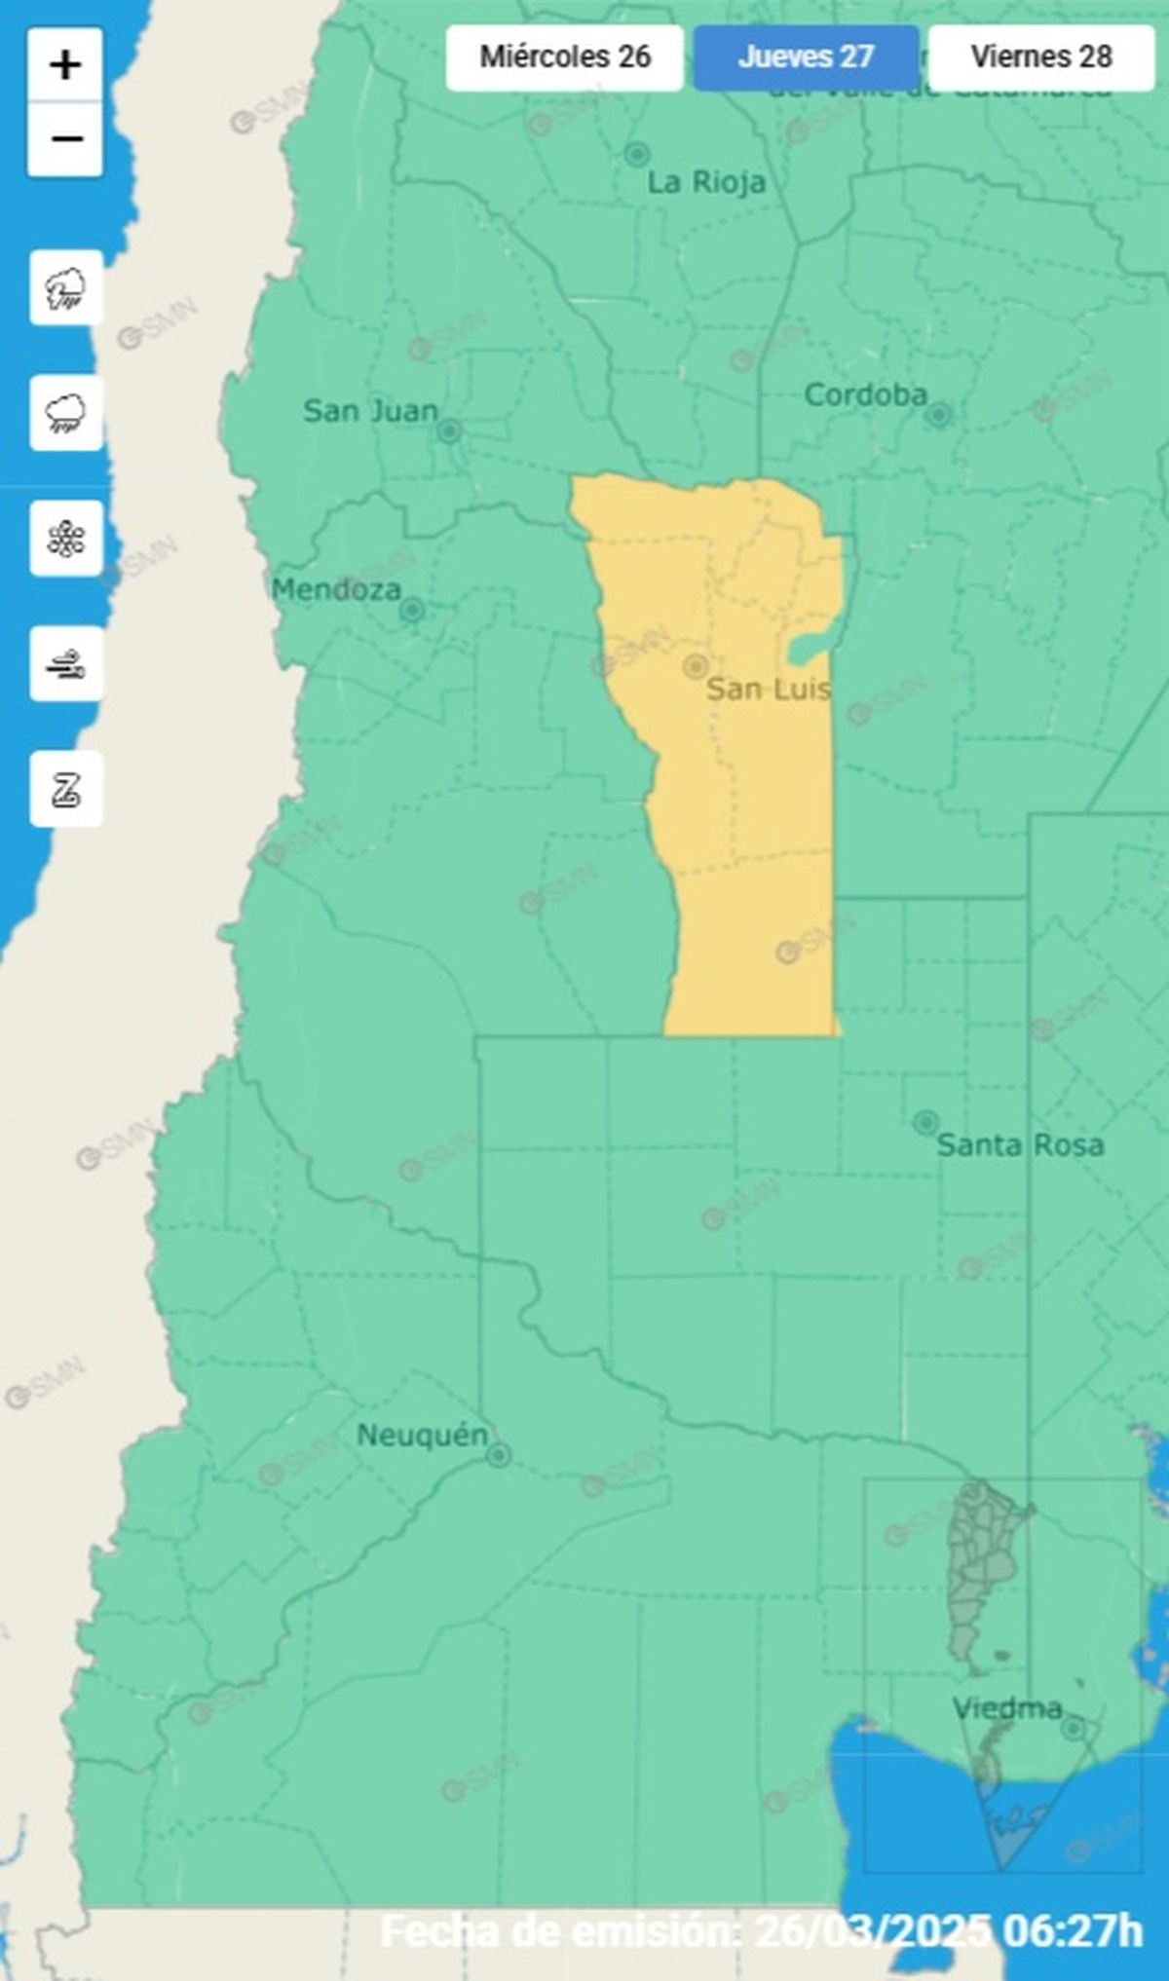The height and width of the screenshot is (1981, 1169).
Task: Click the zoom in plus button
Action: [65, 65]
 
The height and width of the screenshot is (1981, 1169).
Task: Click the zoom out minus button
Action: [65, 139]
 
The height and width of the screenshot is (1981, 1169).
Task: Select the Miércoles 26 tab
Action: [565, 57]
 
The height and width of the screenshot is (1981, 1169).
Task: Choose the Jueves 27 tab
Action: [806, 57]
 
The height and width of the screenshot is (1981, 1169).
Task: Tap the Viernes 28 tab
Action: [1040, 57]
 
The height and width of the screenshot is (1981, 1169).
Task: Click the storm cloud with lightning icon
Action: [66, 288]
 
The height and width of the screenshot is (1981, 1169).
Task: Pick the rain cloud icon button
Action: [66, 413]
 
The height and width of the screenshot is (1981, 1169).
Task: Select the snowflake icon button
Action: [66, 539]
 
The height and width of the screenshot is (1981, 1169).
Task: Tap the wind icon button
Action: [66, 664]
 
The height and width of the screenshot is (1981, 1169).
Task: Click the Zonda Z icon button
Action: [66, 789]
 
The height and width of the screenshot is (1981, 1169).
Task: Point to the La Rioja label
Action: [706, 183]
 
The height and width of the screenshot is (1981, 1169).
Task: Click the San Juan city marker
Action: [449, 430]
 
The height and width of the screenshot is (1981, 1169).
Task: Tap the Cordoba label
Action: [865, 395]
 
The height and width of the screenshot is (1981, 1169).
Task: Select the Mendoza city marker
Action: [412, 611]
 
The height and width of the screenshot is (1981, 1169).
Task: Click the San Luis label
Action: [769, 690]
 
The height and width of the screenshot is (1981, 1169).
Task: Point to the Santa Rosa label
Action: [1020, 1145]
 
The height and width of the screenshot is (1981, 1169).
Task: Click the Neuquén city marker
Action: [499, 1456]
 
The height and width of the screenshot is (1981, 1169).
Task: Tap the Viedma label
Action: [1006, 1708]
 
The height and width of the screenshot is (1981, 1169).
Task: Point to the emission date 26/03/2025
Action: [873, 1930]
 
